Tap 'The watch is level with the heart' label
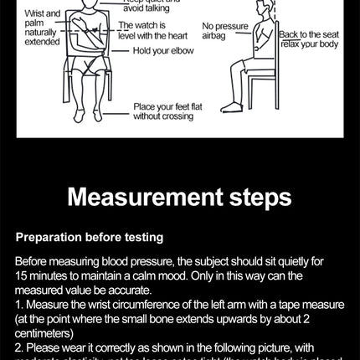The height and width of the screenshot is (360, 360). (x=153, y=31)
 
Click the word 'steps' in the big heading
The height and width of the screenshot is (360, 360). (x=255, y=198)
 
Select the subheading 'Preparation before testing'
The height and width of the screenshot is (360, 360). (x=89, y=237)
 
